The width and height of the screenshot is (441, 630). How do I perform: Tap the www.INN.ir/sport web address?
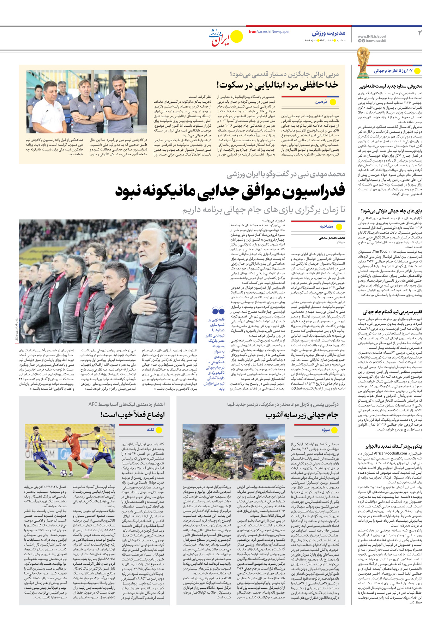[372, 36]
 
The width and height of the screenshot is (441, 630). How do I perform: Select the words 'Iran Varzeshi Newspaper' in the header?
[269, 32]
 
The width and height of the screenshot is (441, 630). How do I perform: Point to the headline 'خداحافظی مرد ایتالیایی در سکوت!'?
[277, 85]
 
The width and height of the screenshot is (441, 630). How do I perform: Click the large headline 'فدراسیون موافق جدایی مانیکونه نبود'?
[230, 191]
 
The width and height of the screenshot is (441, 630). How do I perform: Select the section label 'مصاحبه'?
[326, 226]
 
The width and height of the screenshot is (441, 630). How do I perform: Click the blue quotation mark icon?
[218, 311]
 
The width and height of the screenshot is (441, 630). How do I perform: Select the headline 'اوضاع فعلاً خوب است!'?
[132, 415]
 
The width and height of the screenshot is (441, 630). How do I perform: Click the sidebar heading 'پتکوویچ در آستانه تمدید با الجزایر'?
[393, 446]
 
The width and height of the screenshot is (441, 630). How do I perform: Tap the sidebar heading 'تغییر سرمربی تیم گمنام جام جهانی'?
[392, 312]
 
